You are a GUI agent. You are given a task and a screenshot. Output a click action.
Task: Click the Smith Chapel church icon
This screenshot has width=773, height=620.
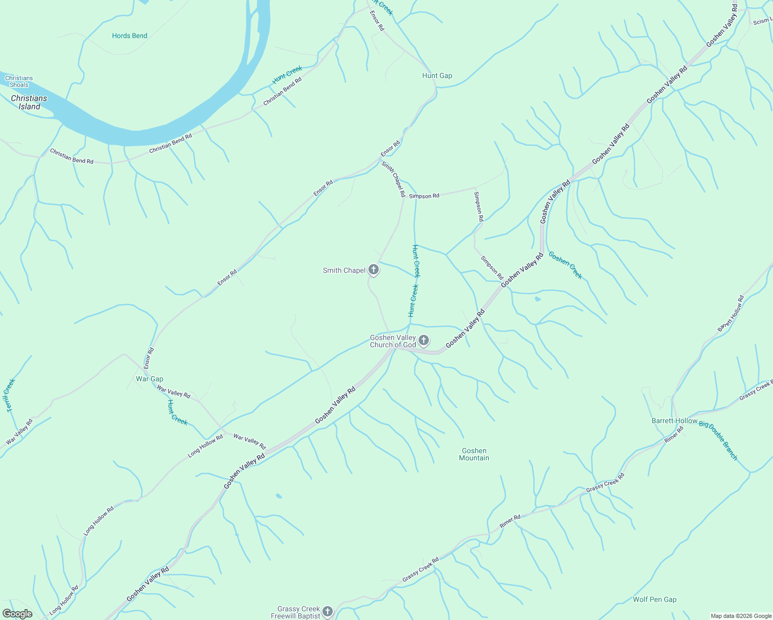tap(374, 270)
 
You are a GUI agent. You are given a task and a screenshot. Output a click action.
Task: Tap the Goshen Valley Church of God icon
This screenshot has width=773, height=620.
tap(424, 340)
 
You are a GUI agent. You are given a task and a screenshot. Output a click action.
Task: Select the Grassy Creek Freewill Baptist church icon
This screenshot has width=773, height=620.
tap(328, 612)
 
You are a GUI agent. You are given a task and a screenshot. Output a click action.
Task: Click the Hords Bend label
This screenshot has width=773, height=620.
tap(130, 36)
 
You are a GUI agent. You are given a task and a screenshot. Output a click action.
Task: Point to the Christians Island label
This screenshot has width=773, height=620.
tap(29, 102)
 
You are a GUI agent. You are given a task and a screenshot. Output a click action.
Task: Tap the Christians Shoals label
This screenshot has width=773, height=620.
tap(19, 82)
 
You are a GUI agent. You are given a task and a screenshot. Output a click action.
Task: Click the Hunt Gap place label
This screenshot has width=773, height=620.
tap(437, 75)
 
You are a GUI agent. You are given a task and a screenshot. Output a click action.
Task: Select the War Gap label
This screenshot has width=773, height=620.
tap(149, 379)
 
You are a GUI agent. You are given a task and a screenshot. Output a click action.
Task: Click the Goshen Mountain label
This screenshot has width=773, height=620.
tap(474, 454)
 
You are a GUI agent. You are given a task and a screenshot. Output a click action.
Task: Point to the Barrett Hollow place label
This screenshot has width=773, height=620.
tap(674, 421)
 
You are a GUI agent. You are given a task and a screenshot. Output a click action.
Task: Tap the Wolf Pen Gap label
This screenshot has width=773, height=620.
tap(655, 599)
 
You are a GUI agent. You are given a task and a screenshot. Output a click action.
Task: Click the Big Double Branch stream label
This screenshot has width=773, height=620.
tap(718, 440)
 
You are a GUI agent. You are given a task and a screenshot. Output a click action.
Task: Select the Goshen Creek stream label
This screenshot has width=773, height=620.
tap(565, 265)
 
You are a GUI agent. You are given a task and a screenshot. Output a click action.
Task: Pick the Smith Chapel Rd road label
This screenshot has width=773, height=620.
tap(394, 179)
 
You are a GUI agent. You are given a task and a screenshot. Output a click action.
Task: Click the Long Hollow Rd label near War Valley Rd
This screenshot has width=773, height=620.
tap(205, 445)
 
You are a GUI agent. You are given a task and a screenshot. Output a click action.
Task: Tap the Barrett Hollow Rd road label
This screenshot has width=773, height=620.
tap(731, 313)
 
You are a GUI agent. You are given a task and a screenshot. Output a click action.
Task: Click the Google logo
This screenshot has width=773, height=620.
tap(17, 614)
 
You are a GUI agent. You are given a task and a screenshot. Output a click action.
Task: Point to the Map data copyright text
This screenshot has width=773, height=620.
tap(740, 616)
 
